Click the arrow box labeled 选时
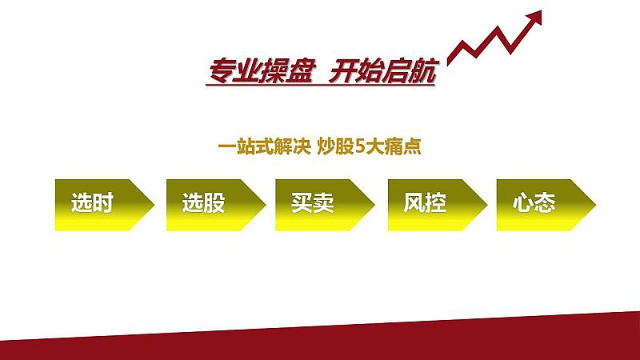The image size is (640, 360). (105, 205)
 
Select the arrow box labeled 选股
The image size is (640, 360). (216, 205)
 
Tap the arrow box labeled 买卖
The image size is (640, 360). (325, 205)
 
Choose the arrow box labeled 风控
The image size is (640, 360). (438, 205)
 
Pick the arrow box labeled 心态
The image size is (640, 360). (546, 205)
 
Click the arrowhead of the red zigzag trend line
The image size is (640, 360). (534, 18)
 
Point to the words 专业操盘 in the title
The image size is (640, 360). (262, 71)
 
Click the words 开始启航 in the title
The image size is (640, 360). (382, 71)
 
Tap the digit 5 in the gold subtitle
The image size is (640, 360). (359, 147)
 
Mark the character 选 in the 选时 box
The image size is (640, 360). (82, 202)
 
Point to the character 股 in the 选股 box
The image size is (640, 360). (214, 202)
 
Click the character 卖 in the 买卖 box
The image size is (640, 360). (324, 202)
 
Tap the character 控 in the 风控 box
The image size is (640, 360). (435, 202)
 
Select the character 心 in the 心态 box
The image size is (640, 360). (523, 202)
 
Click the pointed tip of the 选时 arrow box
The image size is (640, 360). (154, 205)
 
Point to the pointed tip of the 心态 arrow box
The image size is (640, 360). (595, 205)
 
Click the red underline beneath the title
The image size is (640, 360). (321, 86)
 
